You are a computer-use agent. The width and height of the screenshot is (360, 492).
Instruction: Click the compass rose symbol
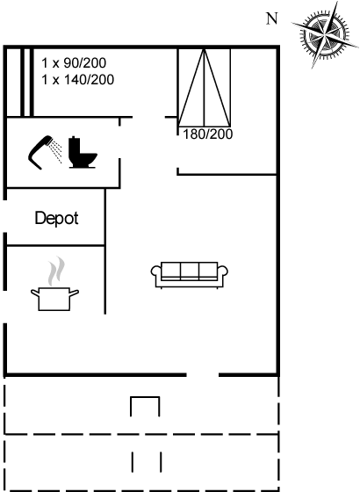pyautogui.click(x=325, y=34)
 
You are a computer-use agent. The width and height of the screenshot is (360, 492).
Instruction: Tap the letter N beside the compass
pyautogui.click(x=272, y=18)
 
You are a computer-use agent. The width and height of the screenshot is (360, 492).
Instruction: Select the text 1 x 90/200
pyautogui.click(x=74, y=63)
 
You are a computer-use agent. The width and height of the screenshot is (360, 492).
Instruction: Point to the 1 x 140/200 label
pyautogui.click(x=78, y=80)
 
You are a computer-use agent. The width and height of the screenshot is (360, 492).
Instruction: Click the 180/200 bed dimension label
pyautogui.click(x=207, y=134)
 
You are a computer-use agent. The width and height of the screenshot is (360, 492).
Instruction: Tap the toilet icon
pyautogui.click(x=83, y=152)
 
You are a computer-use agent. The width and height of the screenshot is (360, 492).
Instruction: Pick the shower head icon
pyautogui.click(x=45, y=152)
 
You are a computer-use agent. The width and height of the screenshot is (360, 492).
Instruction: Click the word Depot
pyautogui.click(x=56, y=218)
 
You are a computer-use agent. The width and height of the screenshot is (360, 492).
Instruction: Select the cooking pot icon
pyautogui.click(x=54, y=299)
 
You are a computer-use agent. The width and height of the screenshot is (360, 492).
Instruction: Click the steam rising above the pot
pyautogui.click(x=56, y=271)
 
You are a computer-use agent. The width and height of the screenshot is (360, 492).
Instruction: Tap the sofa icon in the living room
pyautogui.click(x=190, y=275)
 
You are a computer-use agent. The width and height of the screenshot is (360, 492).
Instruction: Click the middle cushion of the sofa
pyautogui.click(x=190, y=271)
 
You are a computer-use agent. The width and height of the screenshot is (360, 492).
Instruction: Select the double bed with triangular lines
pyautogui.click(x=204, y=87)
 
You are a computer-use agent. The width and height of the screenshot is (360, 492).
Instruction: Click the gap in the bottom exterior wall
pyautogui.click(x=203, y=374)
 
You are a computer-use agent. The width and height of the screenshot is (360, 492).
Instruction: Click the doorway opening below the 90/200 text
pyautogui.click(x=149, y=118)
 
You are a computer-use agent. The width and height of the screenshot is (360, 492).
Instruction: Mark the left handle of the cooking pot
pyautogui.click(x=34, y=293)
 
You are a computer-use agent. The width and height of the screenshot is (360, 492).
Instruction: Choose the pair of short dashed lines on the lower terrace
pyautogui.click(x=147, y=462)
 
